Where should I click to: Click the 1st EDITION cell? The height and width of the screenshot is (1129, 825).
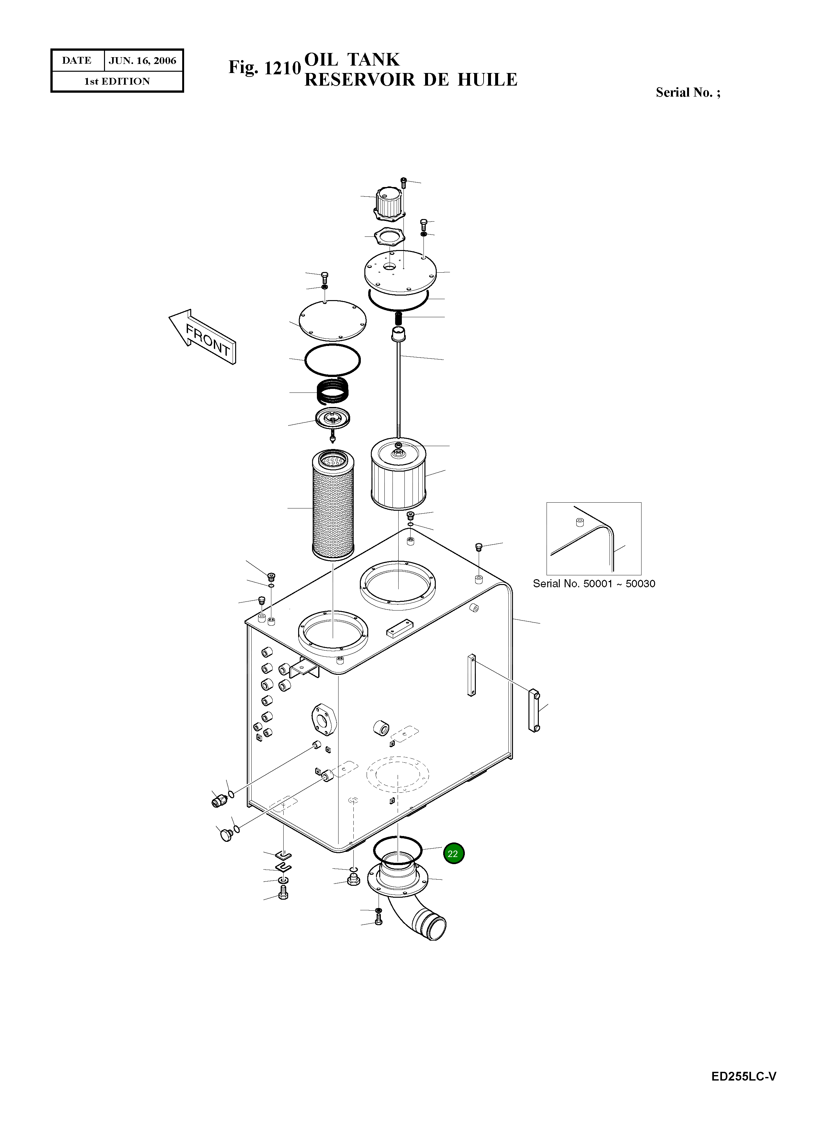tap(117, 81)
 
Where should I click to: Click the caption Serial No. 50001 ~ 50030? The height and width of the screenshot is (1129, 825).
tap(593, 584)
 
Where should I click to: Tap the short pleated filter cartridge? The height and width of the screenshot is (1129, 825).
tap(399, 473)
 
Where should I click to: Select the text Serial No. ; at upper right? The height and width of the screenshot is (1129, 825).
tap(688, 92)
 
